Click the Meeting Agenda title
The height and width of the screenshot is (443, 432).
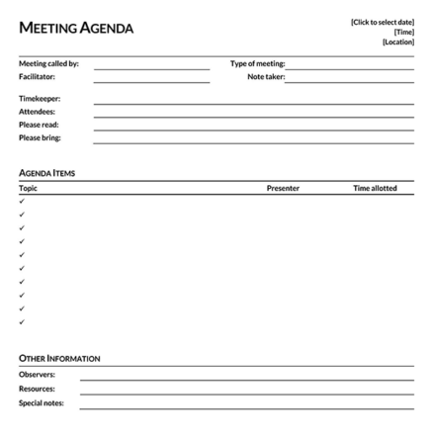click(x=76, y=29)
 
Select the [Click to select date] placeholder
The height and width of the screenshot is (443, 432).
click(x=383, y=22)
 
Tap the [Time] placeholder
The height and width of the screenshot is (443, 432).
click(x=404, y=32)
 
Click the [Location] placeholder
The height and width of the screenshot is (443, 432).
click(x=398, y=42)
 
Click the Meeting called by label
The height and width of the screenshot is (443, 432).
click(x=48, y=64)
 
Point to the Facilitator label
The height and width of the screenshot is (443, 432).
click(x=38, y=76)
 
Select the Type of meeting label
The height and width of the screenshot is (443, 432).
click(x=257, y=64)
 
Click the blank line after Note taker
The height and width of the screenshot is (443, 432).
click(x=349, y=78)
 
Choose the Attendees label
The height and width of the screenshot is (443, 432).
click(x=37, y=112)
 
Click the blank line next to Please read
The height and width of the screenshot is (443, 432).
click(x=253, y=127)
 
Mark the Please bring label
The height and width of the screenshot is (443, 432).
click(x=40, y=137)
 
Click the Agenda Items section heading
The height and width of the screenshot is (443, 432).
click(x=47, y=173)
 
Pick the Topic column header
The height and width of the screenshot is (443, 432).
click(x=29, y=188)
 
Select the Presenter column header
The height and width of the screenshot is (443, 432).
click(x=283, y=188)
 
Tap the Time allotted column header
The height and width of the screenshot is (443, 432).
click(x=375, y=188)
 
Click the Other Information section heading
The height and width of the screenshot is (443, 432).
click(x=59, y=357)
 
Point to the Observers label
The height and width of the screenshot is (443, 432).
click(x=38, y=375)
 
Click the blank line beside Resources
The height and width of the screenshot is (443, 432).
click(x=246, y=392)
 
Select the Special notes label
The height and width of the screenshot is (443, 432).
click(x=42, y=402)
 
